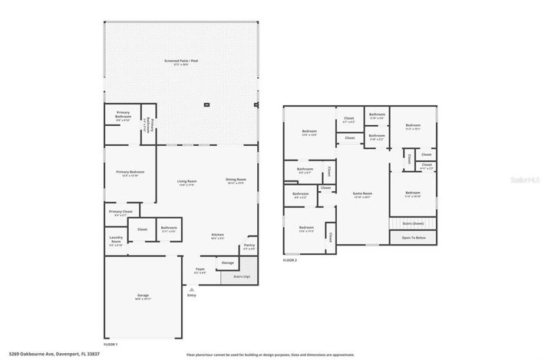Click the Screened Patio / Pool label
pos(181,60)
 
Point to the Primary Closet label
pos(121,212)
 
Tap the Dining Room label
pos(236,180)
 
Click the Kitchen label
pos(218,235)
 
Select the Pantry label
pos(249,246)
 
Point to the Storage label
pos(227,263)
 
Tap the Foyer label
pos(200,269)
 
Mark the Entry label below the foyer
pos(191,294)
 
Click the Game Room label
pos(362,193)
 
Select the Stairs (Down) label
pos(413,223)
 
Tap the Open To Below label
pos(413,238)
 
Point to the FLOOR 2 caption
pos(290,260)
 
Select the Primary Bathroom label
pos(123,113)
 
